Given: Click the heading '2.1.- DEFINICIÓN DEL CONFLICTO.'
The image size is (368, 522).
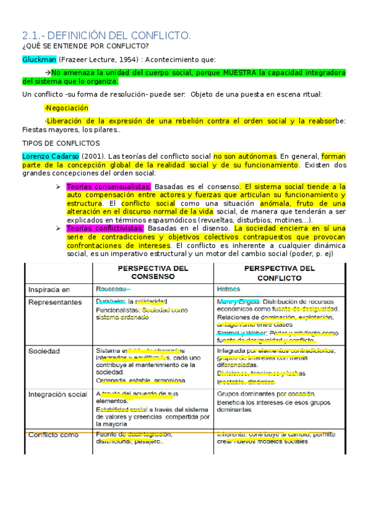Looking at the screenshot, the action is pyautogui.click(x=106, y=36).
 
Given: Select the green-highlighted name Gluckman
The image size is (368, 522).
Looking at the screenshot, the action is pyautogui.click(x=38, y=60).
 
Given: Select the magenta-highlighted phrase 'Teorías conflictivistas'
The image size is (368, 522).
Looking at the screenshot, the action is pyautogui.click(x=105, y=228).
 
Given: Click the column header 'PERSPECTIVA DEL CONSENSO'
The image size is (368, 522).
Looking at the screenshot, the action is pyautogui.click(x=153, y=273).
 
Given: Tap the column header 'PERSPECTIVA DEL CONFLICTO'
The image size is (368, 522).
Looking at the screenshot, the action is pyautogui.click(x=279, y=273).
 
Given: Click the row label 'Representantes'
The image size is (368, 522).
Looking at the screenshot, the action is pyautogui.click(x=55, y=302).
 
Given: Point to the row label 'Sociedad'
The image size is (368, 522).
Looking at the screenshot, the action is pyautogui.click(x=44, y=350).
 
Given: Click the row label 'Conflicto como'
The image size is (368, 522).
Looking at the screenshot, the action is pyautogui.click(x=53, y=435).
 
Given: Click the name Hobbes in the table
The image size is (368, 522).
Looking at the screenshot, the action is pyautogui.click(x=229, y=288).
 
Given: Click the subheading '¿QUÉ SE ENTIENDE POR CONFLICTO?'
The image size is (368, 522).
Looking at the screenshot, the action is pyautogui.click(x=85, y=47).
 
